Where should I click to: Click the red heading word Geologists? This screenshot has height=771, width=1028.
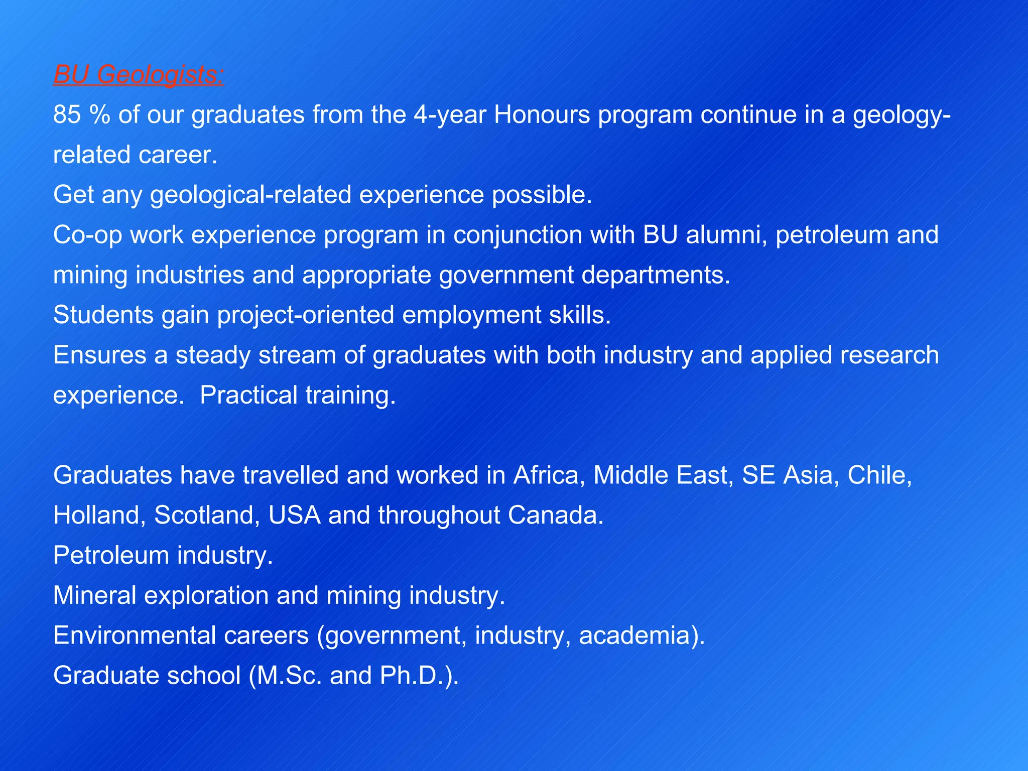pos(160,75)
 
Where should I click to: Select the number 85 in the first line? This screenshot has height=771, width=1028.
pos(67,115)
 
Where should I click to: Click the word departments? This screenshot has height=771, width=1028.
pos(656,275)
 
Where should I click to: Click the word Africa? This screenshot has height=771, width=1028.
pos(549,475)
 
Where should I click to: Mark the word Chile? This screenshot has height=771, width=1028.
pos(879,475)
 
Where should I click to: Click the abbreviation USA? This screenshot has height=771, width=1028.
pos(294,516)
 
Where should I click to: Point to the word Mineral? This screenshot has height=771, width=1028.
pos(95,596)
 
